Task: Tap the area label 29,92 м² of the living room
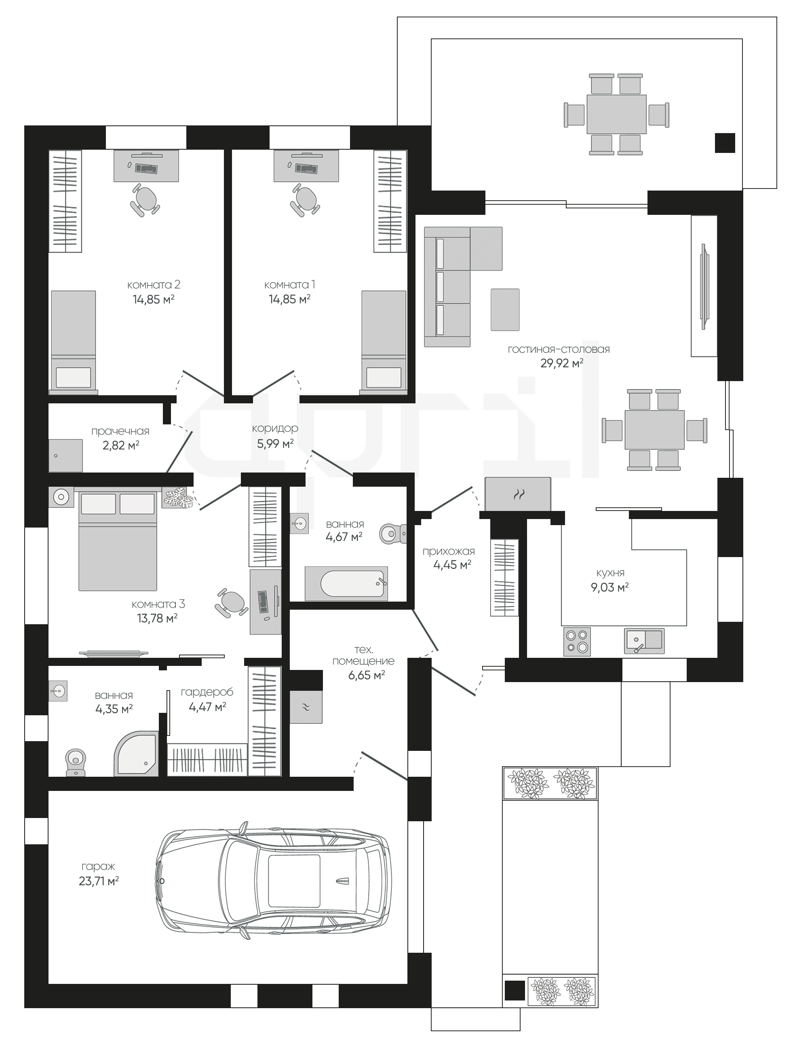[562, 363]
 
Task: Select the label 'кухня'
[610, 573]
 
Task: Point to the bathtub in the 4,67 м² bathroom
[346, 583]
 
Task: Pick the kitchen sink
[644, 641]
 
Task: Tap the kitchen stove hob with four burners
[577, 642]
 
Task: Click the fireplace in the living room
[518, 494]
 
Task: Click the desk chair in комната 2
[145, 199]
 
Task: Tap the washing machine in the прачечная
[66, 456]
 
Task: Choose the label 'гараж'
[98, 867]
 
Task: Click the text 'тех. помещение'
[363, 655]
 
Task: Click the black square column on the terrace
[725, 142]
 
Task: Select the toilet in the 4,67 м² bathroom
[393, 533]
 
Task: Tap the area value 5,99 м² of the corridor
[275, 443]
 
